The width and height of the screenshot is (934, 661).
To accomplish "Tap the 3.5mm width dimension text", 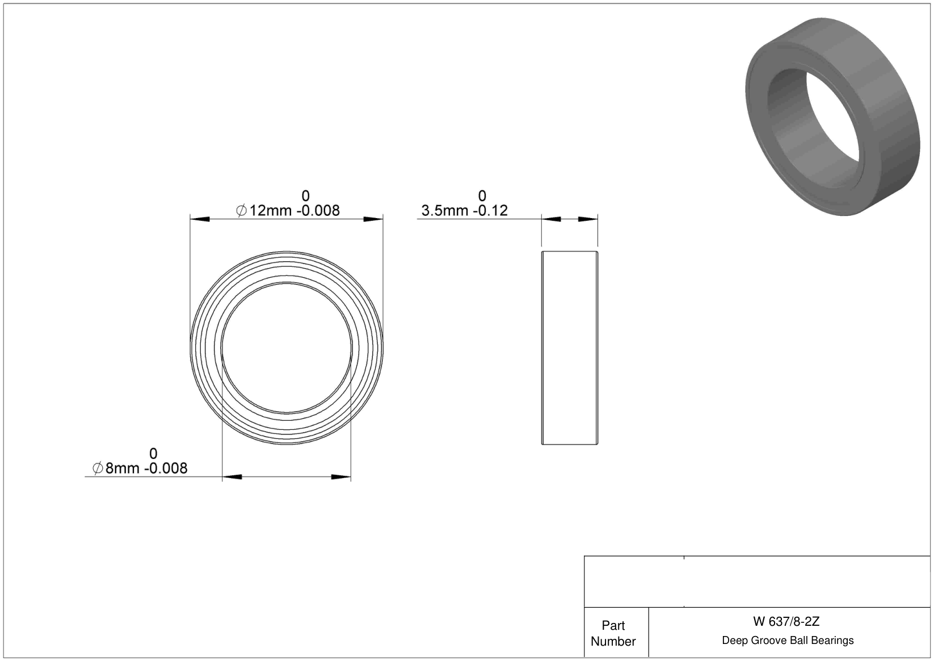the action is coord(445,211).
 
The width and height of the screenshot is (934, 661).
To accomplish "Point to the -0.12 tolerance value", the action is coord(491,211).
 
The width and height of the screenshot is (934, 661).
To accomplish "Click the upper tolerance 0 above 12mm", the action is coord(306,196).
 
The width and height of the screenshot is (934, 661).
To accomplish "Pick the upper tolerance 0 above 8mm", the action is coord(153,454).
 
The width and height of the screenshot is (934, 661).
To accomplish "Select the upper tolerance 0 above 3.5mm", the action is coord(482,196).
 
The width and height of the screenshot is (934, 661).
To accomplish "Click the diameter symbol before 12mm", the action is coord(241,211).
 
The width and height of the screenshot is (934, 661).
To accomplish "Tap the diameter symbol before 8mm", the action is coord(98,468).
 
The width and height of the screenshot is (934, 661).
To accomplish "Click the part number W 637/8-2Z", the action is coord(786,622).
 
